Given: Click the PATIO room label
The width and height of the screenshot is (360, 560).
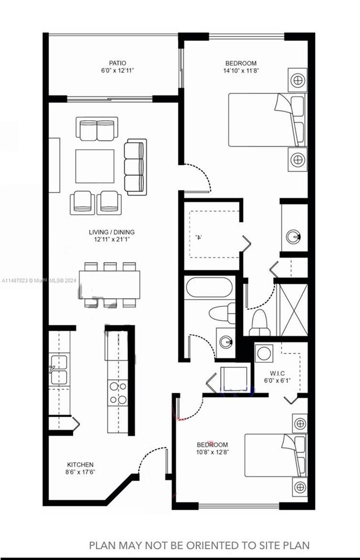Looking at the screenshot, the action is tap(117, 63).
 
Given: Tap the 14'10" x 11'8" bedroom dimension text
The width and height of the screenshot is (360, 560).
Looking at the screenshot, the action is tap(241, 71).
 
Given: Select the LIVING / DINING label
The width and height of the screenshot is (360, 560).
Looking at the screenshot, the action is tap(112, 232).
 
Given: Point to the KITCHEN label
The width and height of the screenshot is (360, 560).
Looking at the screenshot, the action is tap(80, 464).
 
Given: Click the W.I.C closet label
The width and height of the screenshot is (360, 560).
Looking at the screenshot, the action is tap(277, 373).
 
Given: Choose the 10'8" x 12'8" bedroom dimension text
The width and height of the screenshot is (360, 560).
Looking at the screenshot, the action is tap(212, 452).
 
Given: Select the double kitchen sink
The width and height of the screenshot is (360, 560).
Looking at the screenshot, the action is tap(59, 370).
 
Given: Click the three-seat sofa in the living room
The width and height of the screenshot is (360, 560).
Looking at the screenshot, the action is tap(135, 167).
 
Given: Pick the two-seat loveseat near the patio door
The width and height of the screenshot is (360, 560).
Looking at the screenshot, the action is tap(97, 129).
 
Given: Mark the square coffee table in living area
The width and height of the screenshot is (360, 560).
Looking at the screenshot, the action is tap(95, 166).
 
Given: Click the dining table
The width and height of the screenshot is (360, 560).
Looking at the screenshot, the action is tap(110, 285).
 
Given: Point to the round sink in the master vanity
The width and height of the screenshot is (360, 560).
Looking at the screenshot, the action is tap(293, 236).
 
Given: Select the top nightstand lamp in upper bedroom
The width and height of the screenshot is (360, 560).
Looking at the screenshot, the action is tap(298, 80).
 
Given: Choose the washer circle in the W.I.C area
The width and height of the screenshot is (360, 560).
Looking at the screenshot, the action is tap(264, 354).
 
